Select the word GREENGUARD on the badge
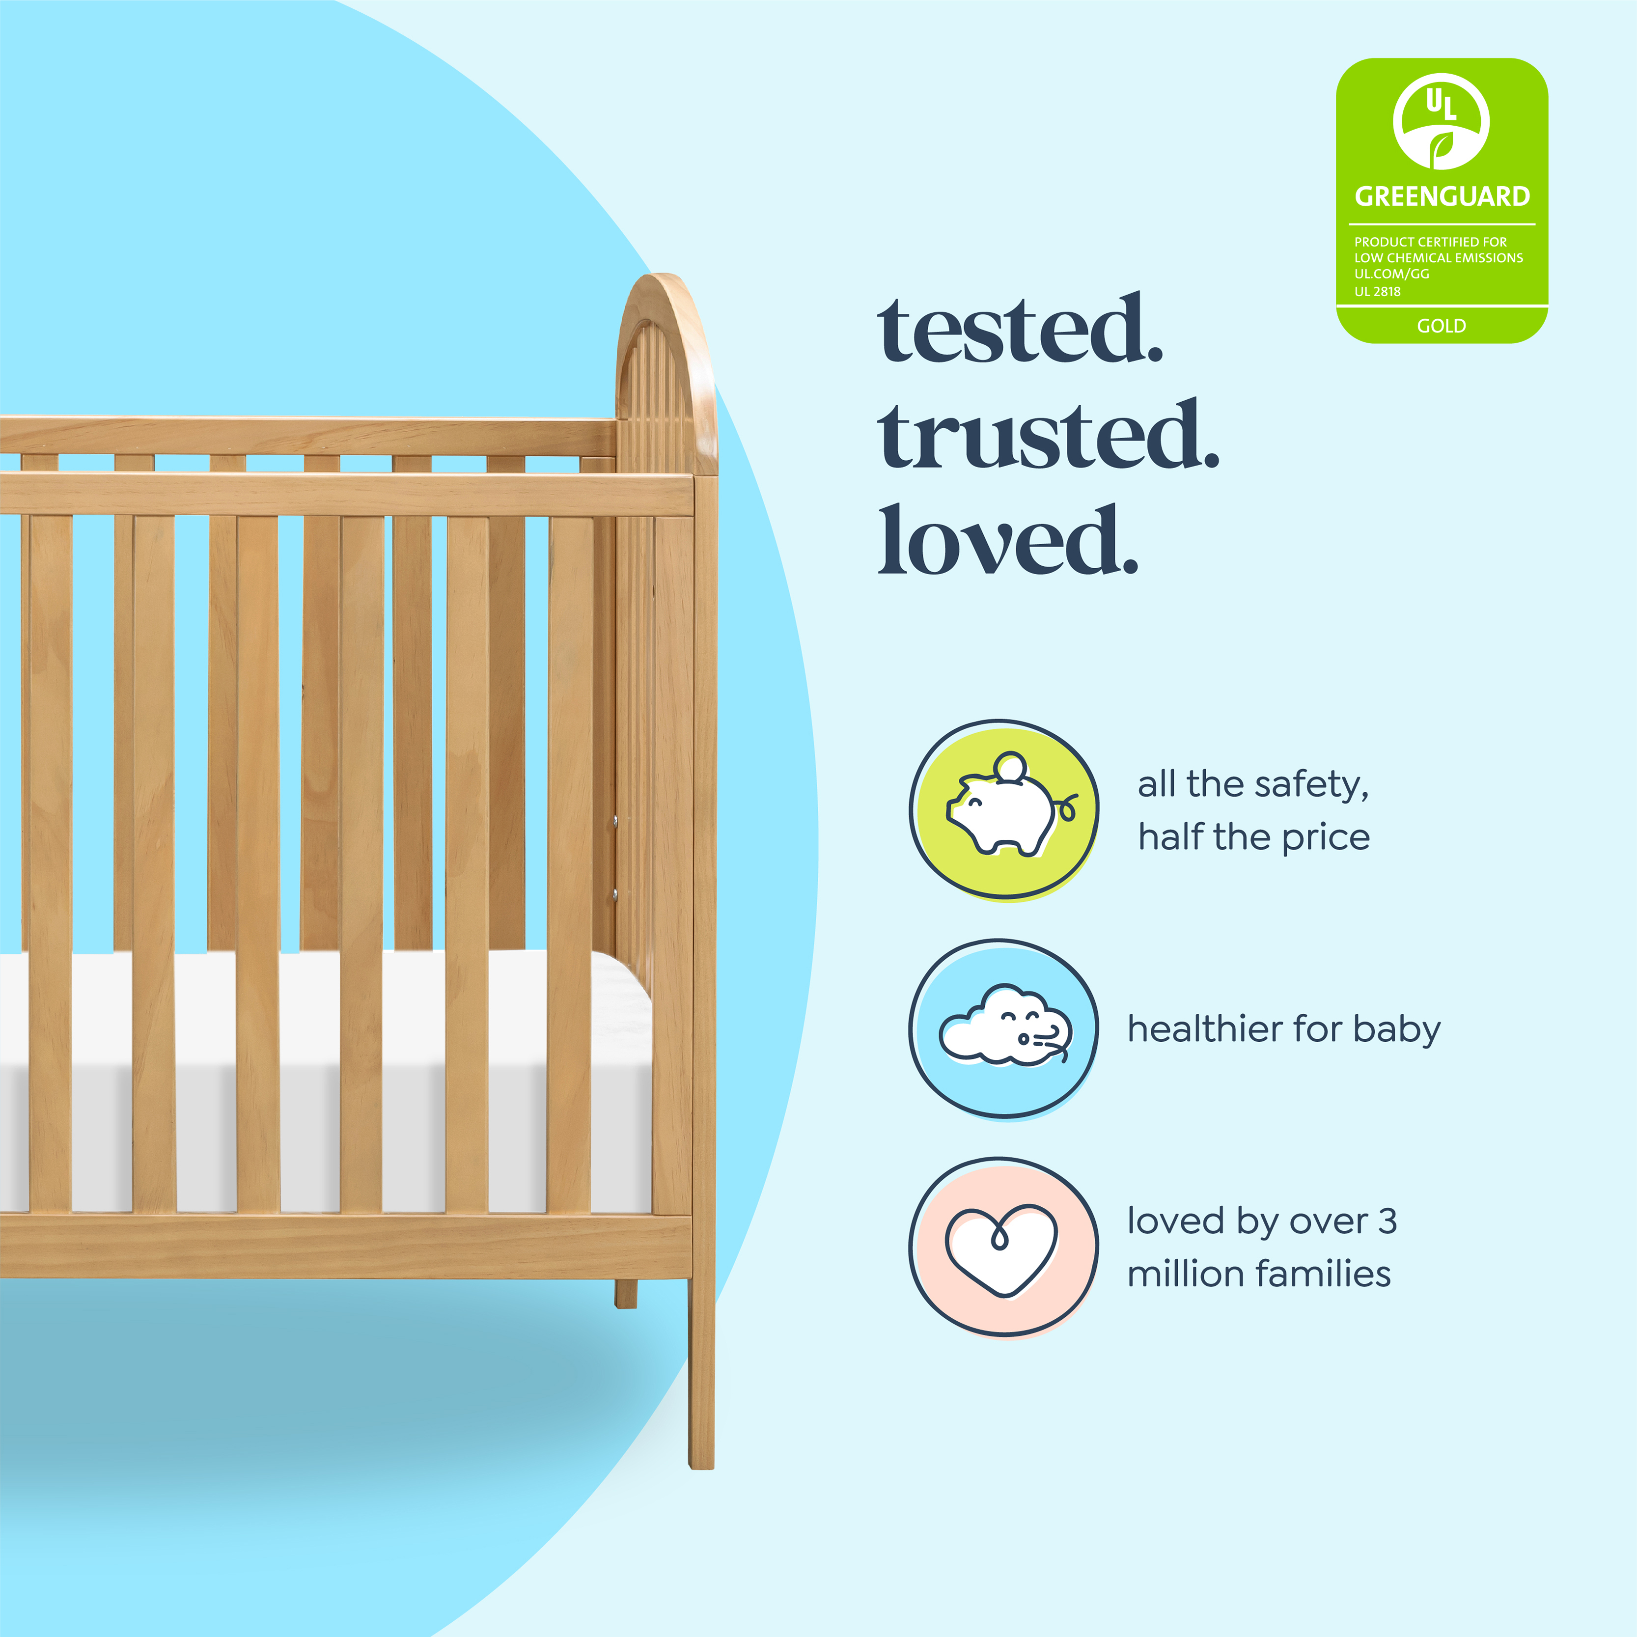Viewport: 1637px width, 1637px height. pos(1442,196)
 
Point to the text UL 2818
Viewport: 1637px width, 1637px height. pos(1377,291)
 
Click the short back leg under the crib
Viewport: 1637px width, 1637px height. pos(625,1294)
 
